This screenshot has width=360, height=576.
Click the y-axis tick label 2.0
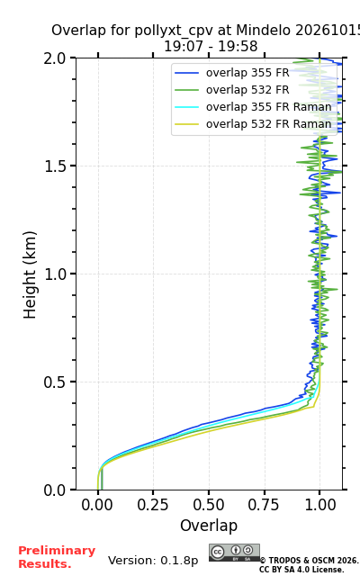coord(54,58)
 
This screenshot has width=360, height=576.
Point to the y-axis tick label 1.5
coord(54,166)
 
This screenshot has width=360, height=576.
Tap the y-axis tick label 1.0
coord(54,274)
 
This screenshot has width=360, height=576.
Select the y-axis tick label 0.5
coord(54,382)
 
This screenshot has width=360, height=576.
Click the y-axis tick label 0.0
coord(54,490)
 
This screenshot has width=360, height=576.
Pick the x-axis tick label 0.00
coord(97,505)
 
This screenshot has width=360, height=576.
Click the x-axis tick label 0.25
coord(153,505)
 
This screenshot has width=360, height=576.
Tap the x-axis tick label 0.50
coord(209,505)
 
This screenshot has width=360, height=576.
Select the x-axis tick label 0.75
coord(264,505)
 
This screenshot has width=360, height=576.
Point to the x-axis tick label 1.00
coord(320,505)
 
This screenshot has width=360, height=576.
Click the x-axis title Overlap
coord(209,526)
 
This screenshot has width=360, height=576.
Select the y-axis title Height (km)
coord(30,274)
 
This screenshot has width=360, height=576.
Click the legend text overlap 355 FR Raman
coord(269,107)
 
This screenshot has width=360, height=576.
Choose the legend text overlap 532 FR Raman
coord(269,124)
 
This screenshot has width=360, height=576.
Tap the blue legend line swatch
coord(186,73)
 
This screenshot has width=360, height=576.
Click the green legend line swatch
coord(186,90)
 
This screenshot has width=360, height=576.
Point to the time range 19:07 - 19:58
coord(211,47)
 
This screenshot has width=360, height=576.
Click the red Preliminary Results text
coord(57,557)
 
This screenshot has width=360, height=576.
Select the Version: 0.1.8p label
coord(153,561)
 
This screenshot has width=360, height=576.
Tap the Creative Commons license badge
coord(234,553)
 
